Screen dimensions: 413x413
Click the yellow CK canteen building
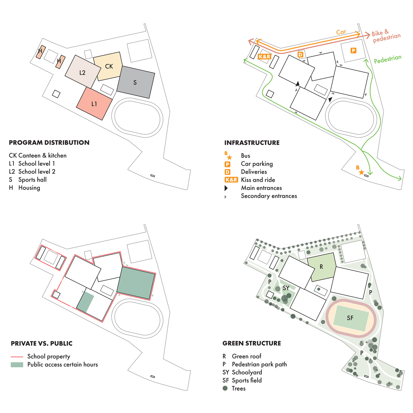click(x=108, y=66)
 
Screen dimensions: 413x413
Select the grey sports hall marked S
click(x=135, y=82)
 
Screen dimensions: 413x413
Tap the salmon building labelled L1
click(x=94, y=104)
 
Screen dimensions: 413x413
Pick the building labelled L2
click(x=82, y=73)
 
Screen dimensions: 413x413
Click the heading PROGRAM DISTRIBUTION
click(x=49, y=143)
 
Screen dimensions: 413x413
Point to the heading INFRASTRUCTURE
click(x=252, y=143)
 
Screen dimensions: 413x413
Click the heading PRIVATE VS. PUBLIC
click(x=42, y=343)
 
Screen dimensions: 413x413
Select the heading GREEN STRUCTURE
click(x=252, y=343)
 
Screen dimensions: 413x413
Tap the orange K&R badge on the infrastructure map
click(x=264, y=57)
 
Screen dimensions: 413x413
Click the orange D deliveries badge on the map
click(x=300, y=55)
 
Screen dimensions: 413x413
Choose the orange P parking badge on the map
click(x=353, y=50)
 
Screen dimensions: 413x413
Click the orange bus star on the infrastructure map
click(x=361, y=172)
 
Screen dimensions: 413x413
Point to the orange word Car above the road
click(x=341, y=32)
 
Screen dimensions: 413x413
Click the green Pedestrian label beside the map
click(x=387, y=59)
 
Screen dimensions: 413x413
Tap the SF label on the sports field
click(x=350, y=318)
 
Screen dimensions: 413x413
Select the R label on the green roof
click(x=321, y=267)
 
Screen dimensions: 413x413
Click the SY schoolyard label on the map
click(x=286, y=288)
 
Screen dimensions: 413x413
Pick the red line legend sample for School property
click(x=17, y=357)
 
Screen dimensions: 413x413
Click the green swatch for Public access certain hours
click(x=17, y=365)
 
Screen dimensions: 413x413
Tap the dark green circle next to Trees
click(x=225, y=388)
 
